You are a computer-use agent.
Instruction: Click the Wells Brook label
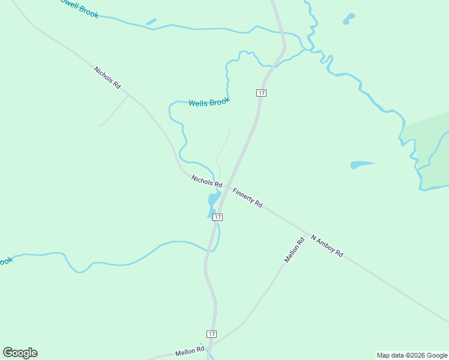[209, 103]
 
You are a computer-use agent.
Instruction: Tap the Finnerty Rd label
[247, 197]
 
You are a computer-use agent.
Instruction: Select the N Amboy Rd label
[327, 245]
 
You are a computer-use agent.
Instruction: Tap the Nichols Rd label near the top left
[107, 78]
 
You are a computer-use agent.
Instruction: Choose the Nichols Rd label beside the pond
[206, 180]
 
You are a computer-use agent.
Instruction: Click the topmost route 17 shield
[261, 92]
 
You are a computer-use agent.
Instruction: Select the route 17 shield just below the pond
[217, 217]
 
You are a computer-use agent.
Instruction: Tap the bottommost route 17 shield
[211, 334]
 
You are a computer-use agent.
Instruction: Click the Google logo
[20, 353]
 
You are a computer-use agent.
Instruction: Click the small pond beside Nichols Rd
[213, 200]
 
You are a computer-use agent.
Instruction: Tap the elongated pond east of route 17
[362, 164]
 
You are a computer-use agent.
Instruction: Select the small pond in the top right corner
[348, 19]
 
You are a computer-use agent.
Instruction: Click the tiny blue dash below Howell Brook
[151, 22]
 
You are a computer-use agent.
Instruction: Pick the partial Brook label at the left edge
[6, 261]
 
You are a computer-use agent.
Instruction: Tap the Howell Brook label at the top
[79, 8]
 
